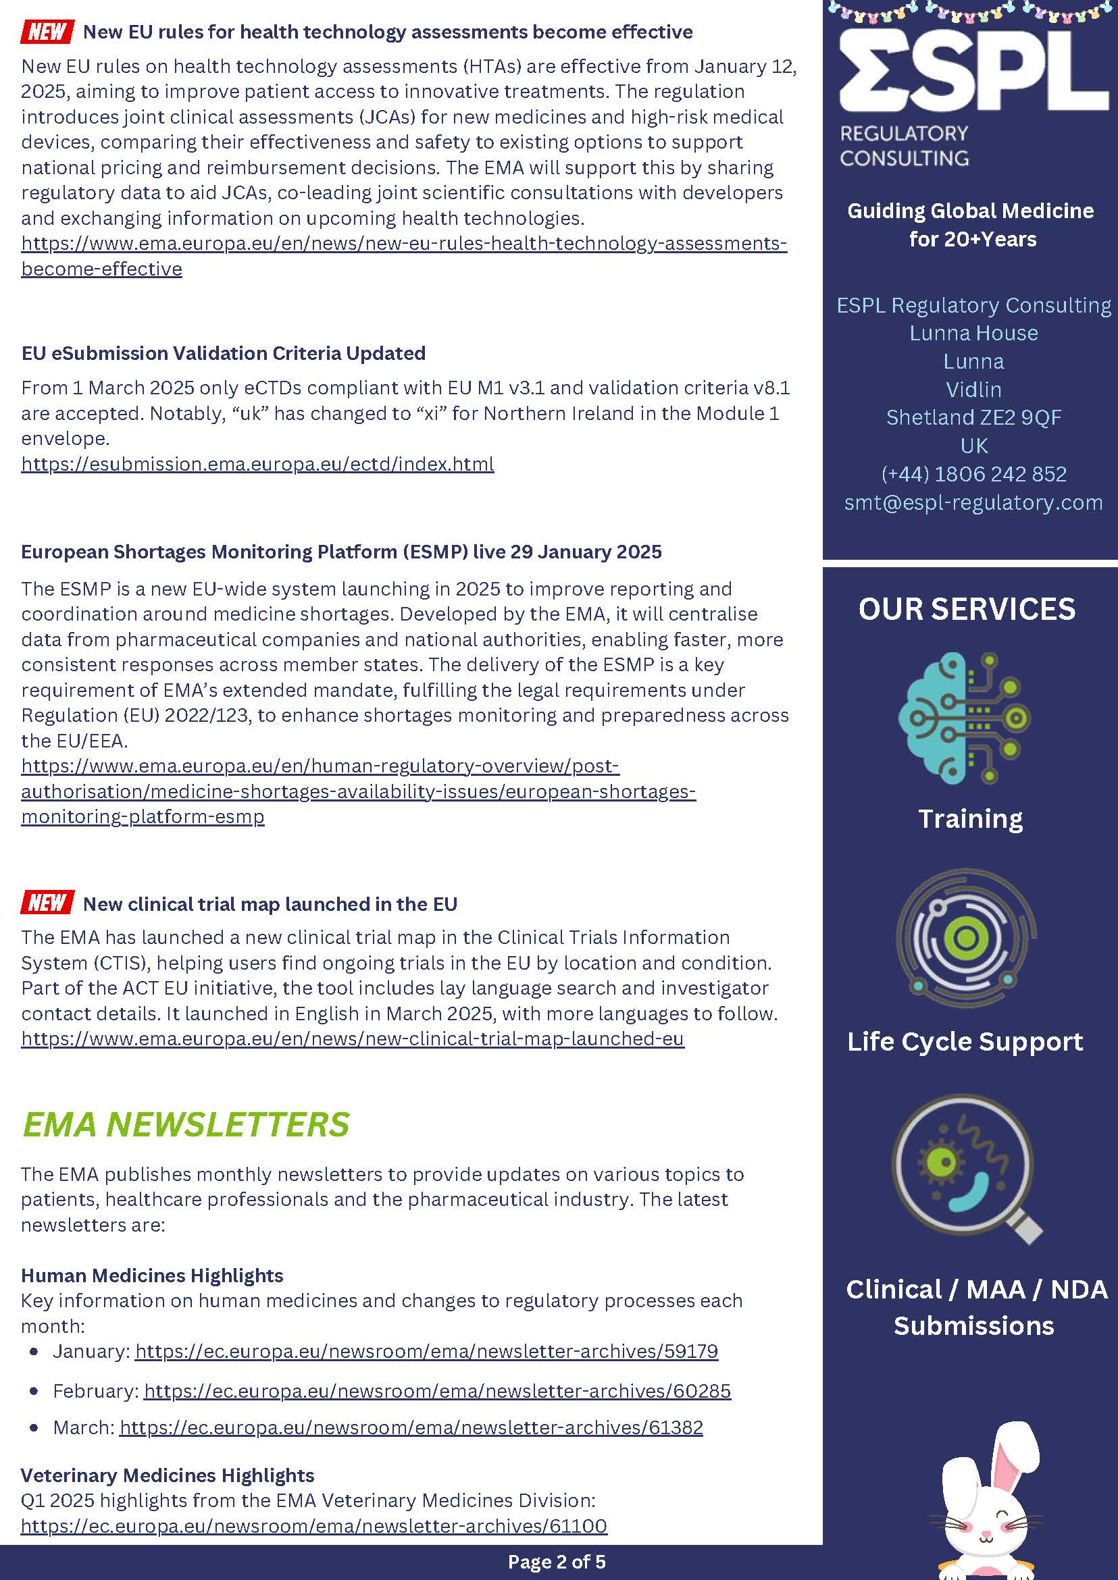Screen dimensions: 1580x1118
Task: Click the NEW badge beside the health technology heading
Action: click(x=47, y=32)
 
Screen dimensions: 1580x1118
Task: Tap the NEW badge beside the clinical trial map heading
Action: click(x=47, y=902)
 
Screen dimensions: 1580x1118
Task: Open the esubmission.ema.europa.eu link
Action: click(x=257, y=464)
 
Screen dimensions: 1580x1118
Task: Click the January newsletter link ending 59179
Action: click(x=426, y=1351)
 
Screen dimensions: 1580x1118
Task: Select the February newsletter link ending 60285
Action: click(x=437, y=1391)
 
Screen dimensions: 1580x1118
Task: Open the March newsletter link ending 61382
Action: click(x=411, y=1427)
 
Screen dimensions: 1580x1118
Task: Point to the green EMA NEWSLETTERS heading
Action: click(x=186, y=1124)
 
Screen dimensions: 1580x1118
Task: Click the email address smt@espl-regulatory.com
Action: click(x=973, y=502)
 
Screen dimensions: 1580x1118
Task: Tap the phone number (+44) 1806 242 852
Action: click(x=973, y=474)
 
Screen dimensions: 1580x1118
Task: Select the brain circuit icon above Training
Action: click(x=965, y=718)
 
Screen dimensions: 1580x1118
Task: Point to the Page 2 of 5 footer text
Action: click(x=556, y=1561)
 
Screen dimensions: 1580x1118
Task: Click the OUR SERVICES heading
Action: click(x=967, y=609)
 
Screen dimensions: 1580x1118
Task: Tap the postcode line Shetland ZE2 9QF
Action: click(x=973, y=418)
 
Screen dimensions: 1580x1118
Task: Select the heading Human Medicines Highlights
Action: click(x=152, y=1275)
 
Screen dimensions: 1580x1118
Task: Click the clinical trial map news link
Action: click(x=353, y=1038)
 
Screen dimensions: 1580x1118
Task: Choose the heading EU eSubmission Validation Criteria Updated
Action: click(x=223, y=353)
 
